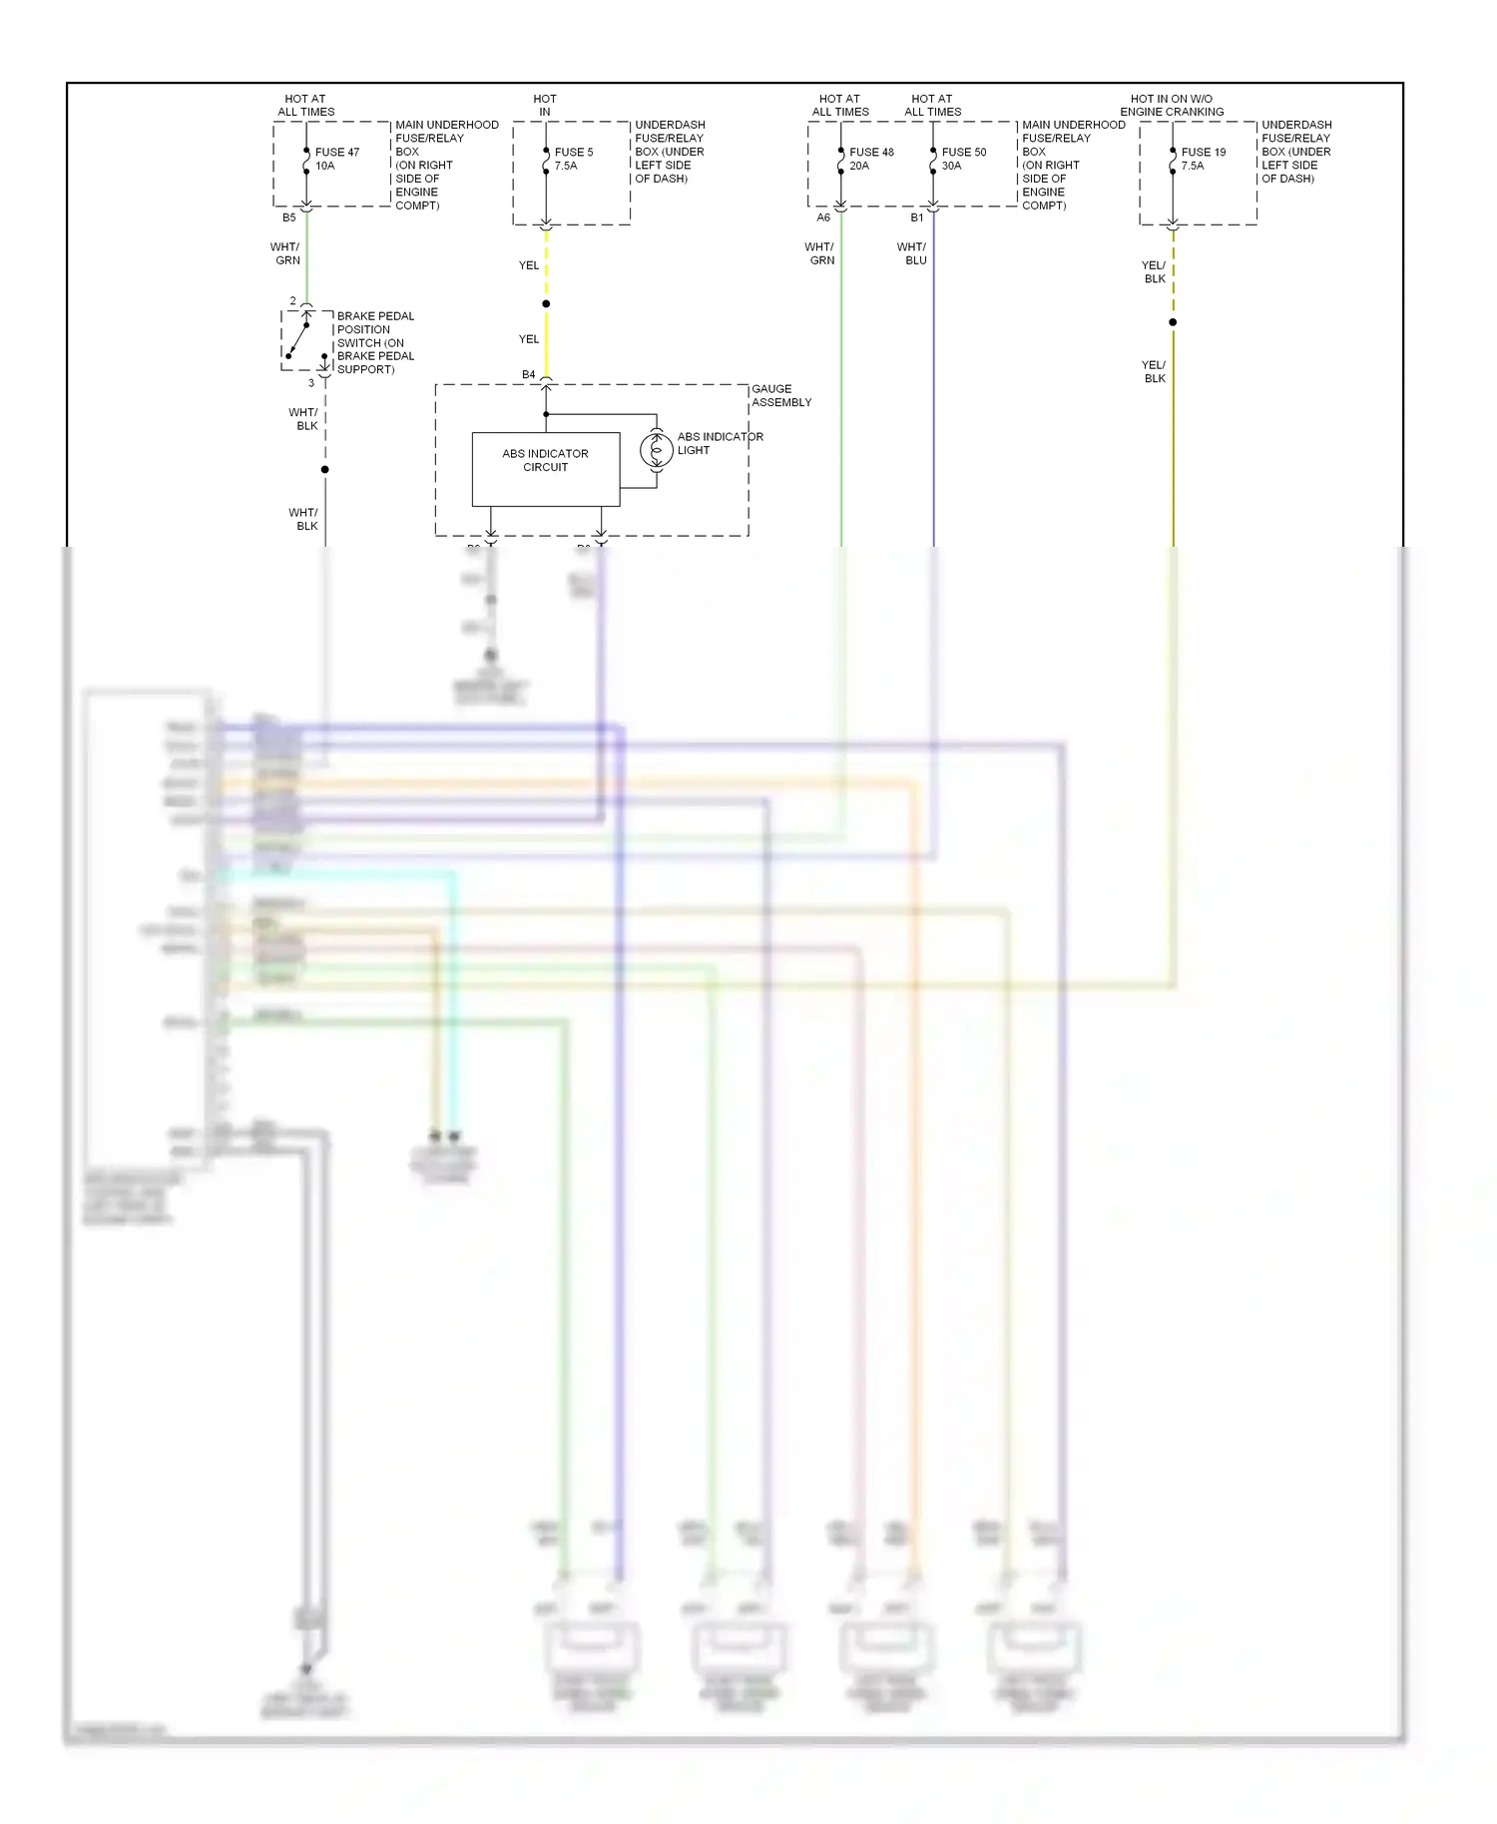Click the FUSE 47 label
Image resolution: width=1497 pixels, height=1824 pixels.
[336, 153]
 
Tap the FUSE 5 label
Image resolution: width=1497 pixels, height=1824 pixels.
[573, 153]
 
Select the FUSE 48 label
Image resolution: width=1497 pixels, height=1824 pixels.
[871, 153]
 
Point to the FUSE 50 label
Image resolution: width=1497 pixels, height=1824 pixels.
[963, 153]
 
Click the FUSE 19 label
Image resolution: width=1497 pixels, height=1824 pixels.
[1203, 153]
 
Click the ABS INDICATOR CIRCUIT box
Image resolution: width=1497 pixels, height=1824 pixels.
[545, 468]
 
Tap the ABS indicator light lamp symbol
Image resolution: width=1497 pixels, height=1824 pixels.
[656, 451]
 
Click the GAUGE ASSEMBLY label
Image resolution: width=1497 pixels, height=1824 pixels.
[780, 395]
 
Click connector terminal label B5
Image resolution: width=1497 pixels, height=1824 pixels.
[288, 218]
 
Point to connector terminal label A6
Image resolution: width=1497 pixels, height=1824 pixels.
[822, 218]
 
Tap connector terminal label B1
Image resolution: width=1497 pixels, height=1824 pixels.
[916, 218]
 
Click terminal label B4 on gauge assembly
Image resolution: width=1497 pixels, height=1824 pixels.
[528, 375]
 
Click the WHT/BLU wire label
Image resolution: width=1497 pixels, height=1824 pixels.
[911, 253]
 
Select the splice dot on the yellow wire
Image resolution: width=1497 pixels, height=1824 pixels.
[546, 303]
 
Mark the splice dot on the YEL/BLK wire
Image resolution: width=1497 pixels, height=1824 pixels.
[1173, 322]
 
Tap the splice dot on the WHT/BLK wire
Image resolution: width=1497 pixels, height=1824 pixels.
[324, 469]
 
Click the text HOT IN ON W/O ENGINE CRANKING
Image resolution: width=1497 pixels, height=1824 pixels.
[1171, 105]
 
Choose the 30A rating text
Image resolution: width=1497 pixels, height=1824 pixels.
[951, 167]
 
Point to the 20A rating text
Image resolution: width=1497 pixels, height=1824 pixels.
[858, 167]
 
